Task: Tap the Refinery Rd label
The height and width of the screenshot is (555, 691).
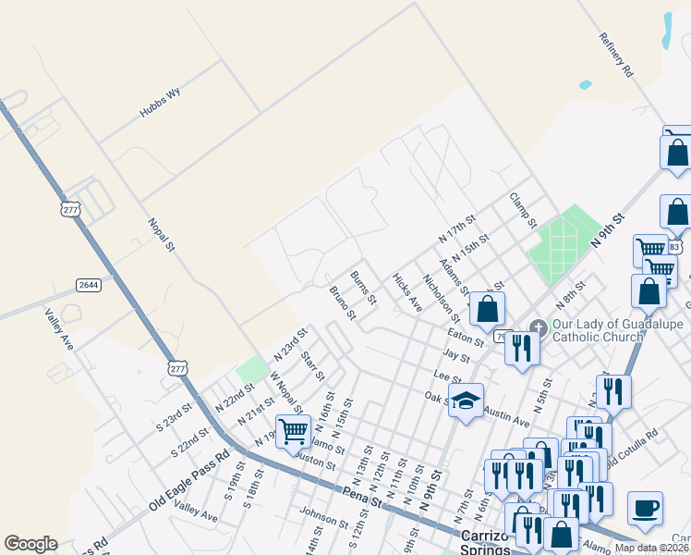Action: [615, 55]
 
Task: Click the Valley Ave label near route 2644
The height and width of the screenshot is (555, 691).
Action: [59, 328]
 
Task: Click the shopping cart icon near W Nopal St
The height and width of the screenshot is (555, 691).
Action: [294, 431]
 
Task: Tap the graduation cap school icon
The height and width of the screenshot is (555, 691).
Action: [466, 401]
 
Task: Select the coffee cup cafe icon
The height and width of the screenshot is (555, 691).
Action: [645, 507]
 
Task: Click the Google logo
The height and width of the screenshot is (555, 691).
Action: [30, 544]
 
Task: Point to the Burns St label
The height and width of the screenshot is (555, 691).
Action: [363, 288]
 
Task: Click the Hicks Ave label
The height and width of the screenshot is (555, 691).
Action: [406, 292]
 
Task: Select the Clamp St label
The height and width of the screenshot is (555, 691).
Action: [523, 211]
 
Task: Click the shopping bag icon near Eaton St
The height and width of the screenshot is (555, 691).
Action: [487, 310]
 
